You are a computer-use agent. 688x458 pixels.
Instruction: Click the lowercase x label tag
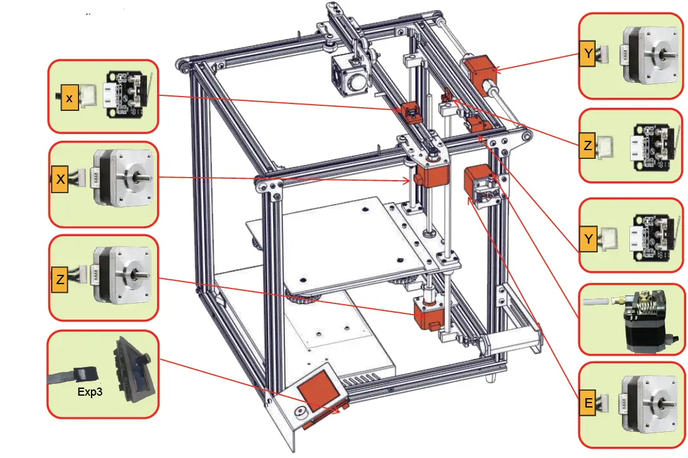[x=69, y=98]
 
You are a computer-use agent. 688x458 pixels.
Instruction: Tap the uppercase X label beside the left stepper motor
[x=60, y=179]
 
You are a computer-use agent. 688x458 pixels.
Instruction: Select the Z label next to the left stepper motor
[x=60, y=279]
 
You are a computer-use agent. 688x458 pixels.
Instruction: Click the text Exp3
[x=89, y=392]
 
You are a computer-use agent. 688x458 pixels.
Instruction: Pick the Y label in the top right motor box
[x=588, y=54]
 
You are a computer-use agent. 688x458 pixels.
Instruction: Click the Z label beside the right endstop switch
[x=588, y=145]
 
